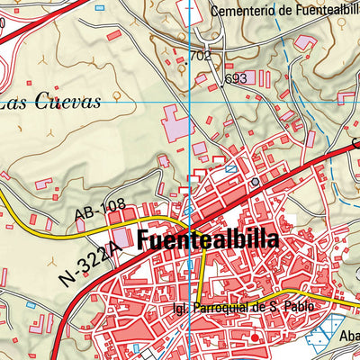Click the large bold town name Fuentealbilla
tap(209, 241)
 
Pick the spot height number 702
tap(201, 56)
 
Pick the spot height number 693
tap(237, 78)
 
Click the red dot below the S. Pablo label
tap(255, 337)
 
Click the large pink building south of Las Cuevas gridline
tap(176, 122)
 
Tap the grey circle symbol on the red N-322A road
tap(255, 181)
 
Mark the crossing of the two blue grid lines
tap(190, 102)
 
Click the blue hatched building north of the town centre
tap(231, 168)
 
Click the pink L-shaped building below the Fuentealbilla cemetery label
tap(306, 40)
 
